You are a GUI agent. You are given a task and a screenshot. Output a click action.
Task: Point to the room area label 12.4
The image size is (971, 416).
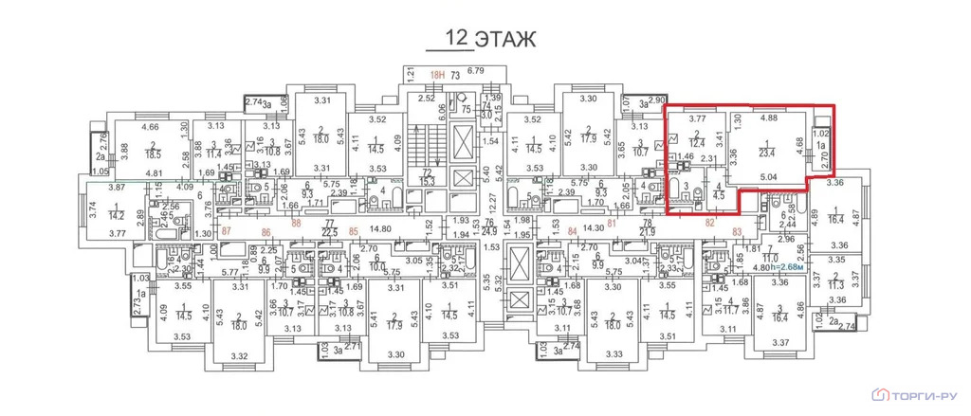pyautogui.click(x=699, y=142)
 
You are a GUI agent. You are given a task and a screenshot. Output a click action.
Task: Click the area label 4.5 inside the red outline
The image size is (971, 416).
pyautogui.click(x=718, y=196)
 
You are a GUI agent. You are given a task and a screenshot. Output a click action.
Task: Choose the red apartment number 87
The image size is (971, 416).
pyautogui.click(x=226, y=230)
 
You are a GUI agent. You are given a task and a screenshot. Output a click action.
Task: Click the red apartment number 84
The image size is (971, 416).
pyautogui.click(x=572, y=230)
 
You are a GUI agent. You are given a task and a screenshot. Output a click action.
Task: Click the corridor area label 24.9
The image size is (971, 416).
pyautogui.click(x=490, y=230)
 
